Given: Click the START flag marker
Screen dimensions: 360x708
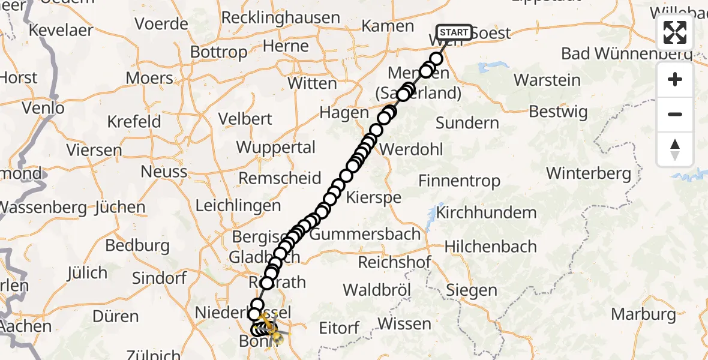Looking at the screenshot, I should coord(454,32).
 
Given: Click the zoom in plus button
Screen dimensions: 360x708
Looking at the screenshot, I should coord(675,79).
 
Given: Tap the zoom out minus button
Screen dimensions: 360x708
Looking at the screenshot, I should coord(675,114).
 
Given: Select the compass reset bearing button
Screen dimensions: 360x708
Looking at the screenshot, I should coord(675,149).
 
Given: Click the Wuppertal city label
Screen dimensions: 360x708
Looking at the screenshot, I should coord(275,148).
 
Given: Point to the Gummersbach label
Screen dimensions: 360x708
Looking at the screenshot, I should coord(365,234).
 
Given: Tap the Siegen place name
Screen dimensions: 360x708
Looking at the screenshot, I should coord(472,290).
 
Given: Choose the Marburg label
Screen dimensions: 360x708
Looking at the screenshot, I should coord(644,314).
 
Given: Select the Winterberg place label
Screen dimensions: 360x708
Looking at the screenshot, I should coord(588,174).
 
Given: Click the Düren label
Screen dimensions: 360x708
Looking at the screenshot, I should coord(117,316).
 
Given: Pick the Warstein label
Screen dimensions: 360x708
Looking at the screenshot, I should coord(547,80).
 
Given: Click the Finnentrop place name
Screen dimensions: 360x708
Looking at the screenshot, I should coord(459,180).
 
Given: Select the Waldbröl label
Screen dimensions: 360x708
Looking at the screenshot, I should coord(376,290).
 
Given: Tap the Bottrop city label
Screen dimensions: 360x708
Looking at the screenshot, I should coord(218,52).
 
